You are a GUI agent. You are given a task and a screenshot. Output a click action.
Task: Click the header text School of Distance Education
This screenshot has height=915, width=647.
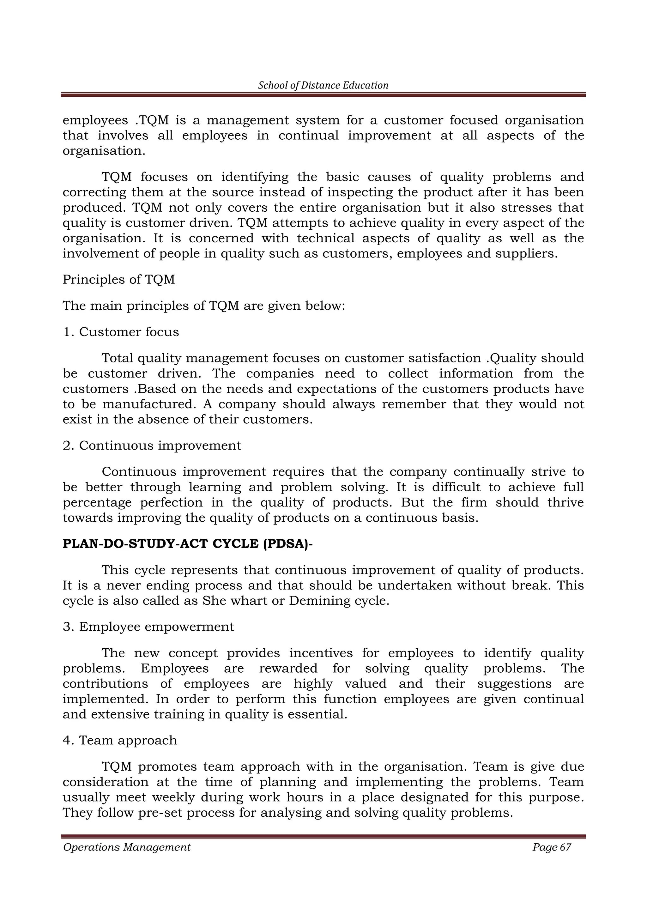point(323,85)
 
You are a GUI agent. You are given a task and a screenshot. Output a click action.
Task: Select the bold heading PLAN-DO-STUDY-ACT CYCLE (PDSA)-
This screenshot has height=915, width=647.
point(188,544)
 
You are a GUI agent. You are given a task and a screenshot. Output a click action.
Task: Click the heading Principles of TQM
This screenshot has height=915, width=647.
point(119,280)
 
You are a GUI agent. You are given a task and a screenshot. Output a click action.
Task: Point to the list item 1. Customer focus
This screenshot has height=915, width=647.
point(121,332)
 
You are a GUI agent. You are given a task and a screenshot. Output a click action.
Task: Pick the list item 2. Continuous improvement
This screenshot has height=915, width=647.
point(152,445)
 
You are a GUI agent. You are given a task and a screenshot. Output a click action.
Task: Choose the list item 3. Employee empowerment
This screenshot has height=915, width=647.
point(148,627)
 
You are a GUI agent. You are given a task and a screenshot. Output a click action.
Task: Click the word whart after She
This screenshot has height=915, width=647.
point(247,601)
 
